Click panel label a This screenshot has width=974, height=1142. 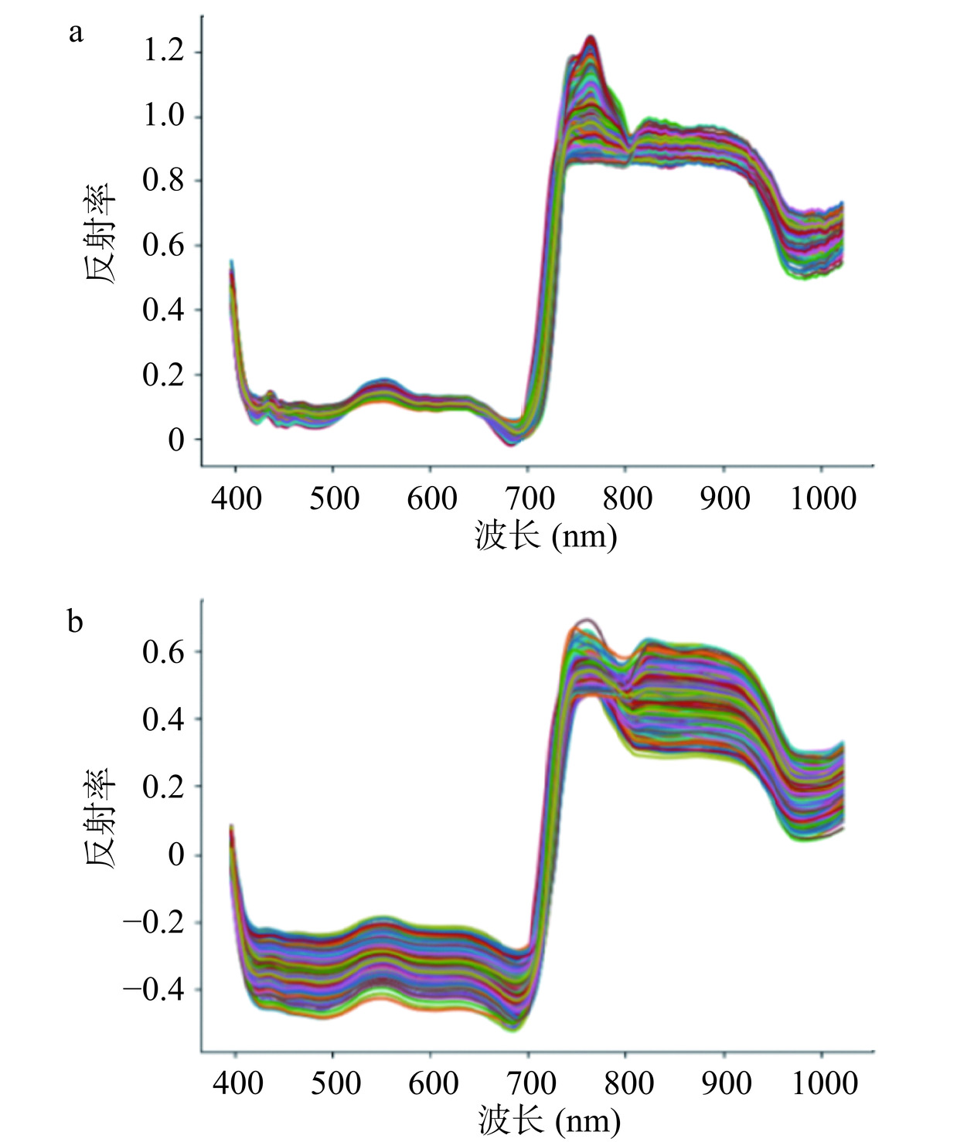(75, 33)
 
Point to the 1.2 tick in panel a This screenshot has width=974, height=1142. (163, 51)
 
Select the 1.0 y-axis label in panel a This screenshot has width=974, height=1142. (163, 116)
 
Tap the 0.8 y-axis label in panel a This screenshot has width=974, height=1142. (163, 181)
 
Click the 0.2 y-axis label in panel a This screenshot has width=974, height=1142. (163, 375)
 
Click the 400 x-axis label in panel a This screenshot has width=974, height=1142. (236, 498)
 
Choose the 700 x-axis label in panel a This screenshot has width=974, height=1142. (529, 498)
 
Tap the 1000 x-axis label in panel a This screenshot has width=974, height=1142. (822, 498)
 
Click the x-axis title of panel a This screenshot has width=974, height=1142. (546, 535)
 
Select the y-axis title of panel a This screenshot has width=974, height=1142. (100, 233)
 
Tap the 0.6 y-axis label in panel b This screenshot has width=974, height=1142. (163, 651)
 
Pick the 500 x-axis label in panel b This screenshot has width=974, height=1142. (334, 1083)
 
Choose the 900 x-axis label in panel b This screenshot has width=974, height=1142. (725, 1083)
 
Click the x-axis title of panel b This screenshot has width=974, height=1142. (549, 1120)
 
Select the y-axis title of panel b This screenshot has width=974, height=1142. (100, 817)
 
